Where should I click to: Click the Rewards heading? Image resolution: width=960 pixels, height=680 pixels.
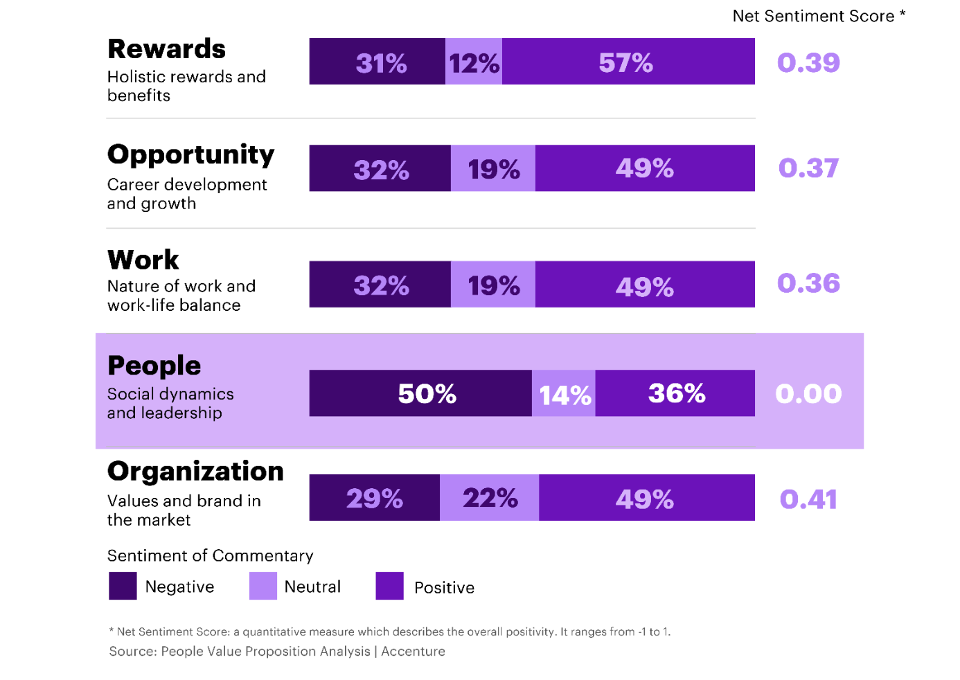pyautogui.click(x=166, y=49)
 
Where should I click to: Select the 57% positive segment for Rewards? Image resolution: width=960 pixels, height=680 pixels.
pyautogui.click(x=628, y=62)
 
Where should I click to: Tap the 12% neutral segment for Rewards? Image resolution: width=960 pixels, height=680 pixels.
pyautogui.click(x=474, y=62)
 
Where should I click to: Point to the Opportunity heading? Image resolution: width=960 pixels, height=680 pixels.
pyautogui.click(x=190, y=154)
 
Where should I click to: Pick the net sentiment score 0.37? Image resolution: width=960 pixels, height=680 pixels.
pyautogui.click(x=808, y=168)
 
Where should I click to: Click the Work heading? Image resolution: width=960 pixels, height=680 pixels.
pyautogui.click(x=143, y=260)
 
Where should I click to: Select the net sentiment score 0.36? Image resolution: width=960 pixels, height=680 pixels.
pyautogui.click(x=808, y=283)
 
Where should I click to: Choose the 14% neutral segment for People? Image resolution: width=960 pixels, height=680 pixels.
pyautogui.click(x=564, y=393)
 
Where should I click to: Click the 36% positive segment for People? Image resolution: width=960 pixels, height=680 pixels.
pyautogui.click(x=675, y=393)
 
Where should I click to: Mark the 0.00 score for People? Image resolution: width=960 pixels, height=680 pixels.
pyautogui.click(x=808, y=394)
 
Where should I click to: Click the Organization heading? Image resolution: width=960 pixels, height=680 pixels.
pyautogui.click(x=195, y=472)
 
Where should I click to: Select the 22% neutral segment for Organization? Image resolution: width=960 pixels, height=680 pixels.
pyautogui.click(x=490, y=498)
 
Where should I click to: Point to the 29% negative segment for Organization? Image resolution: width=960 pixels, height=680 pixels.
pyautogui.click(x=375, y=498)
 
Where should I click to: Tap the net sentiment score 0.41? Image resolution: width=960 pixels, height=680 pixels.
pyautogui.click(x=808, y=499)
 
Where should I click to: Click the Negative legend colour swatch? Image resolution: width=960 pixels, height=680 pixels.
pyautogui.click(x=123, y=586)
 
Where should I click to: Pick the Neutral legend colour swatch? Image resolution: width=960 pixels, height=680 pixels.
pyautogui.click(x=263, y=586)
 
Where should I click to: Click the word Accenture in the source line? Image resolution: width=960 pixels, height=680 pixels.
pyautogui.click(x=413, y=652)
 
